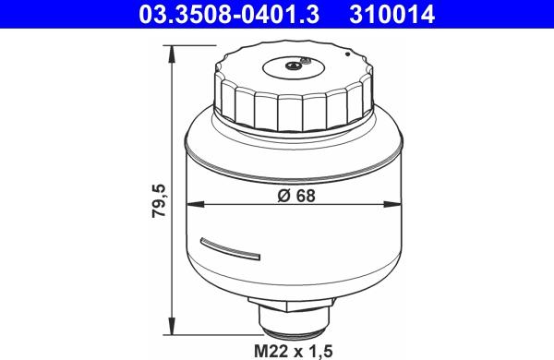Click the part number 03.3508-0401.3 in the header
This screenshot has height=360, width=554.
click(x=229, y=15)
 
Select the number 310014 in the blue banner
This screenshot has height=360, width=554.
click(x=392, y=15)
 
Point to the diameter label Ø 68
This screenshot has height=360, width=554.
click(x=296, y=196)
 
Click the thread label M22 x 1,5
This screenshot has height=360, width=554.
click(x=294, y=351)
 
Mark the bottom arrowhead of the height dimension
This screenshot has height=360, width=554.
click(x=172, y=327)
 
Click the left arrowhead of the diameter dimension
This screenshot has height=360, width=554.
click(x=196, y=204)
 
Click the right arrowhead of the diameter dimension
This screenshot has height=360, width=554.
click(x=392, y=204)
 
